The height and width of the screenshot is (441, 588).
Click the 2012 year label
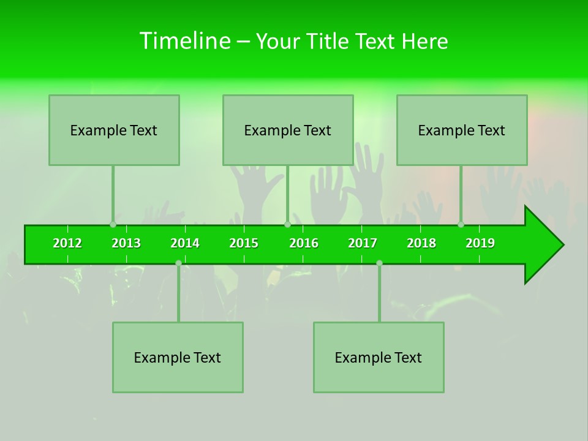[67, 243]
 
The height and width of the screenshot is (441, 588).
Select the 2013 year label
[126, 243]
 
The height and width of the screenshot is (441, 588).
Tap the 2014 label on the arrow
[185, 243]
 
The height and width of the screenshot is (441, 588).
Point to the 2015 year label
[244, 243]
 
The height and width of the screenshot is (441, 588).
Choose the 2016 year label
[304, 243]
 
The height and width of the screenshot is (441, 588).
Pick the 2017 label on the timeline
[363, 243]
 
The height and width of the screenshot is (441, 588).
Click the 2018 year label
[421, 243]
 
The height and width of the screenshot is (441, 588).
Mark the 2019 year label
[480, 243]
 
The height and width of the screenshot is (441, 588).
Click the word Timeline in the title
[184, 41]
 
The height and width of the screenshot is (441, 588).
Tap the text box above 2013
[114, 130]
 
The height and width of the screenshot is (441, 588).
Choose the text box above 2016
[288, 130]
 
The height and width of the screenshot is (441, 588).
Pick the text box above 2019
[462, 130]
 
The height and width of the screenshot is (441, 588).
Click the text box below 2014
[178, 357]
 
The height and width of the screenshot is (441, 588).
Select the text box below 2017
[379, 357]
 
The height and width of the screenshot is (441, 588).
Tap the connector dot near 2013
[113, 224]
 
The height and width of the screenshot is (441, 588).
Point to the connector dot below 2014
[178, 263]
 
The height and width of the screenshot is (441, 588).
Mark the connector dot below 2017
[379, 263]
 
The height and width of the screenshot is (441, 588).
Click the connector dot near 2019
[461, 224]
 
